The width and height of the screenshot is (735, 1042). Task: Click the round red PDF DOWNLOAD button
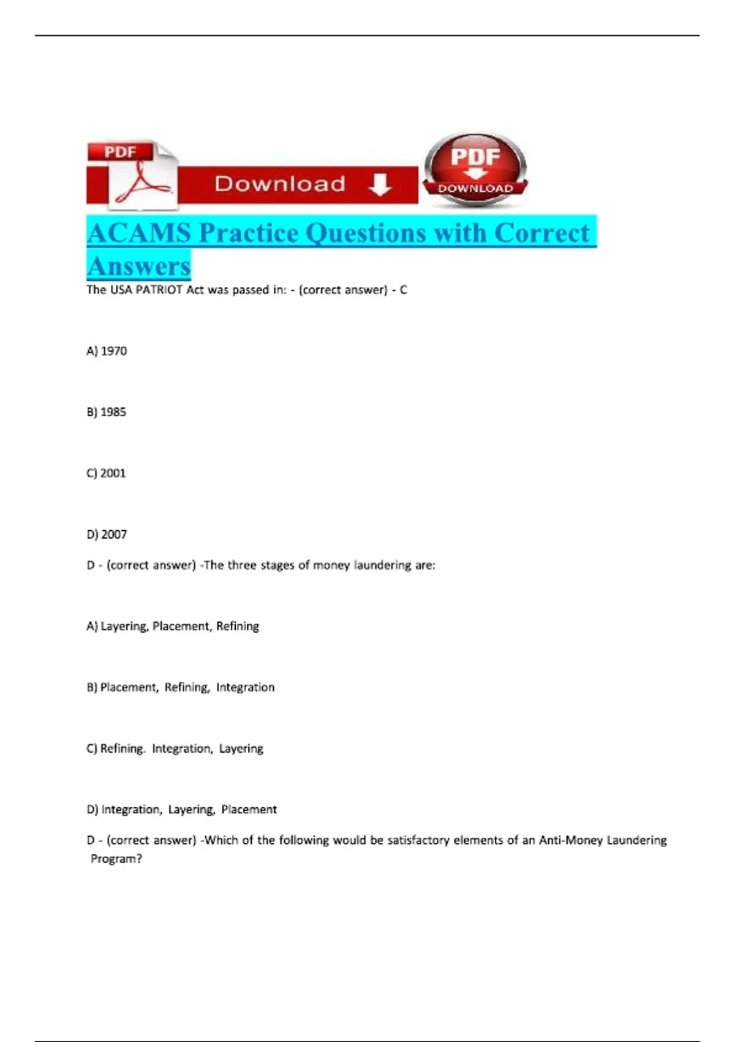tap(475, 168)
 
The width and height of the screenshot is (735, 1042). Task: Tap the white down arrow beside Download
tap(380, 184)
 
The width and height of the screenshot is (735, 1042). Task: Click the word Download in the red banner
tap(280, 184)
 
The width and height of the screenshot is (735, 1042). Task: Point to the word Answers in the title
tap(139, 266)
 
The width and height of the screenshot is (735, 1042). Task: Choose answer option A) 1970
tap(107, 351)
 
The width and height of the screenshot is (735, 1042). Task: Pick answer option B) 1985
tap(107, 412)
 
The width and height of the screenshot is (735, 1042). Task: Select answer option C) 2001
tap(106, 473)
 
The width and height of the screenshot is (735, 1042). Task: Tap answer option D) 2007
tap(107, 534)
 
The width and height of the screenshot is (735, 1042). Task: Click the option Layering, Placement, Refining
tap(173, 626)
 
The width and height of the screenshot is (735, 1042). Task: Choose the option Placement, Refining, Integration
tap(181, 688)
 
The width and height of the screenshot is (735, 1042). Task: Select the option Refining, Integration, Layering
tap(175, 748)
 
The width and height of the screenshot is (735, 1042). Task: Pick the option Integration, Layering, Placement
tap(181, 810)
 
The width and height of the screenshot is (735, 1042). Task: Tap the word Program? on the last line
tap(116, 859)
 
